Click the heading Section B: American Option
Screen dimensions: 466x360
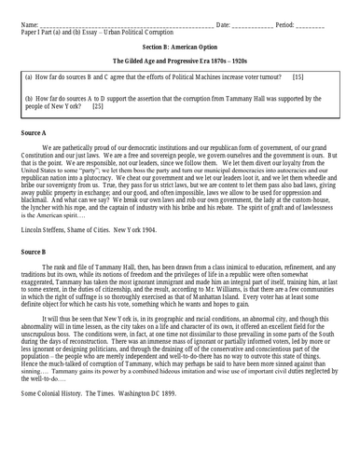[179, 44]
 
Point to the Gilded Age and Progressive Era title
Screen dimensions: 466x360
[179, 59]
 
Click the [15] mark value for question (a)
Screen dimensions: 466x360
[298, 75]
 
